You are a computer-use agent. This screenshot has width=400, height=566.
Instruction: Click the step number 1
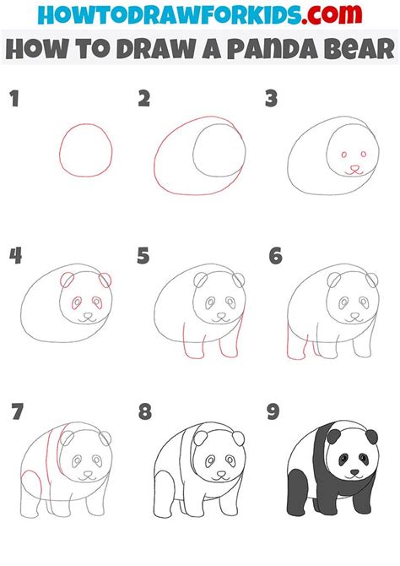[x=13, y=100]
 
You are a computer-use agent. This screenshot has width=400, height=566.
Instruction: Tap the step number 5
[x=143, y=254]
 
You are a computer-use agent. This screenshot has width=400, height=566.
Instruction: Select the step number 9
[x=273, y=413]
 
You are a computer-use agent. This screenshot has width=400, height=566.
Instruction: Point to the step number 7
[x=14, y=413]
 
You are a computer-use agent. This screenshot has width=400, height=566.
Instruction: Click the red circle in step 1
[x=84, y=150]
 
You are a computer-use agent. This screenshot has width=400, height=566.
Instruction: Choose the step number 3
[x=271, y=100]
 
